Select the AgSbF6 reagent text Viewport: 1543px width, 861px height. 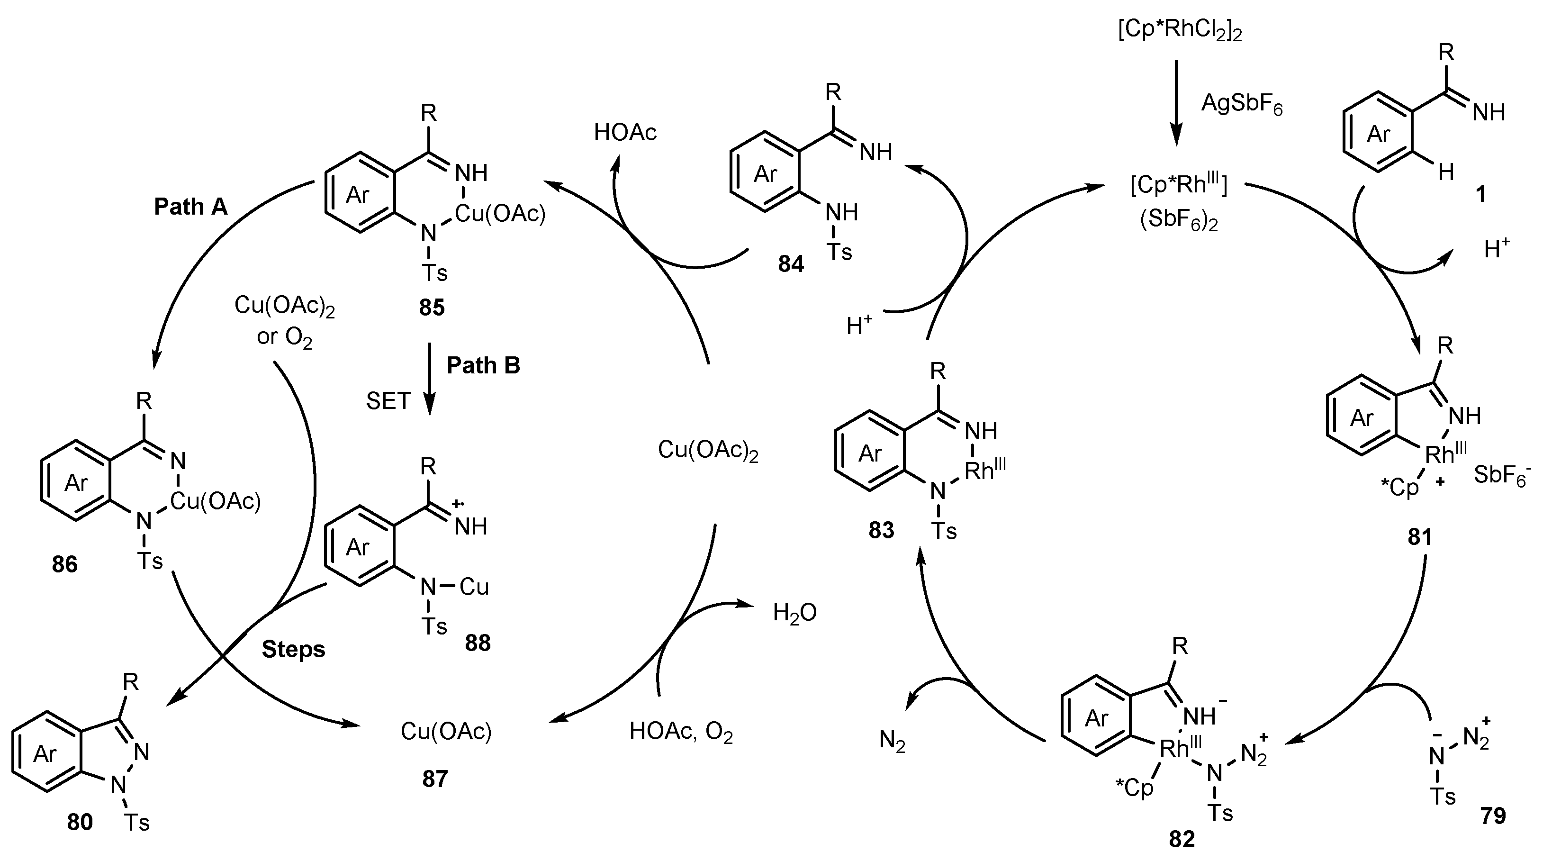(1241, 105)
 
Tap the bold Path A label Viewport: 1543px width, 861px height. (190, 207)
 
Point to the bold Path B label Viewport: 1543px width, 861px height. (483, 365)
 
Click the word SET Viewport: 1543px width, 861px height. (388, 401)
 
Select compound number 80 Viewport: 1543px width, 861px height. (80, 823)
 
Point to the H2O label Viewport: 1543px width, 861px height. (794, 613)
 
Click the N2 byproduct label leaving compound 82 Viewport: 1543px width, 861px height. (892, 741)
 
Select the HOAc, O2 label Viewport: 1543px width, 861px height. (681, 732)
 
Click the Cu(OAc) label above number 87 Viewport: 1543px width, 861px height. (446, 731)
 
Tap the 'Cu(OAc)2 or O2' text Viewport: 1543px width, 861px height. (284, 320)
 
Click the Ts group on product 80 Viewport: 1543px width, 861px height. (136, 823)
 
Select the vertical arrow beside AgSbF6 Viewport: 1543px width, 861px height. (1176, 102)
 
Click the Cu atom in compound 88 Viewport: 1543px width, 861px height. (474, 587)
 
